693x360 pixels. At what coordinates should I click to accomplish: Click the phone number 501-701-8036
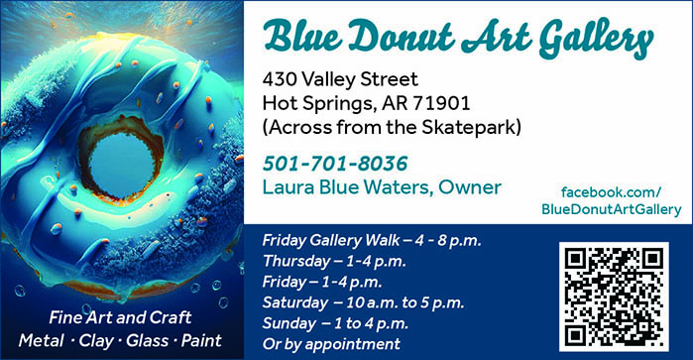coord(335,164)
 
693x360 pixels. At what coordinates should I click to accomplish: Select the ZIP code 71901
coord(441,103)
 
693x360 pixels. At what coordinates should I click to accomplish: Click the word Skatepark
coord(469,127)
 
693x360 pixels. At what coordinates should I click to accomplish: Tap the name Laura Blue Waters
coord(345,187)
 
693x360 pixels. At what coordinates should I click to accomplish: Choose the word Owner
coord(470,187)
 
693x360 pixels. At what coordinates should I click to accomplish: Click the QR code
coord(614,297)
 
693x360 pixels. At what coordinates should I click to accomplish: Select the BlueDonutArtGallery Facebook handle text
coord(612,209)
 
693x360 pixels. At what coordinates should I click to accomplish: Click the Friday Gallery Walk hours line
coord(372,241)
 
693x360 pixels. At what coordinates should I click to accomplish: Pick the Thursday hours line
coord(334,262)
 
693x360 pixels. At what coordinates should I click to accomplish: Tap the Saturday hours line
coord(363,302)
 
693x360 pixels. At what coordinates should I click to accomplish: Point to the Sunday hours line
coord(335,323)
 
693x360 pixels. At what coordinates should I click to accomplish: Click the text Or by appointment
coord(331,344)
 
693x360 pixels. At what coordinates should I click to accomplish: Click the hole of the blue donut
coord(122,165)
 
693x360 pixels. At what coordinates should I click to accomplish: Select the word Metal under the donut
coord(41,340)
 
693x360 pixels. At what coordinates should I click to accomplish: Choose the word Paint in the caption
coord(201,340)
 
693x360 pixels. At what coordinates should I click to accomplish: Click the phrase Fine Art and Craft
coord(120,317)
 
